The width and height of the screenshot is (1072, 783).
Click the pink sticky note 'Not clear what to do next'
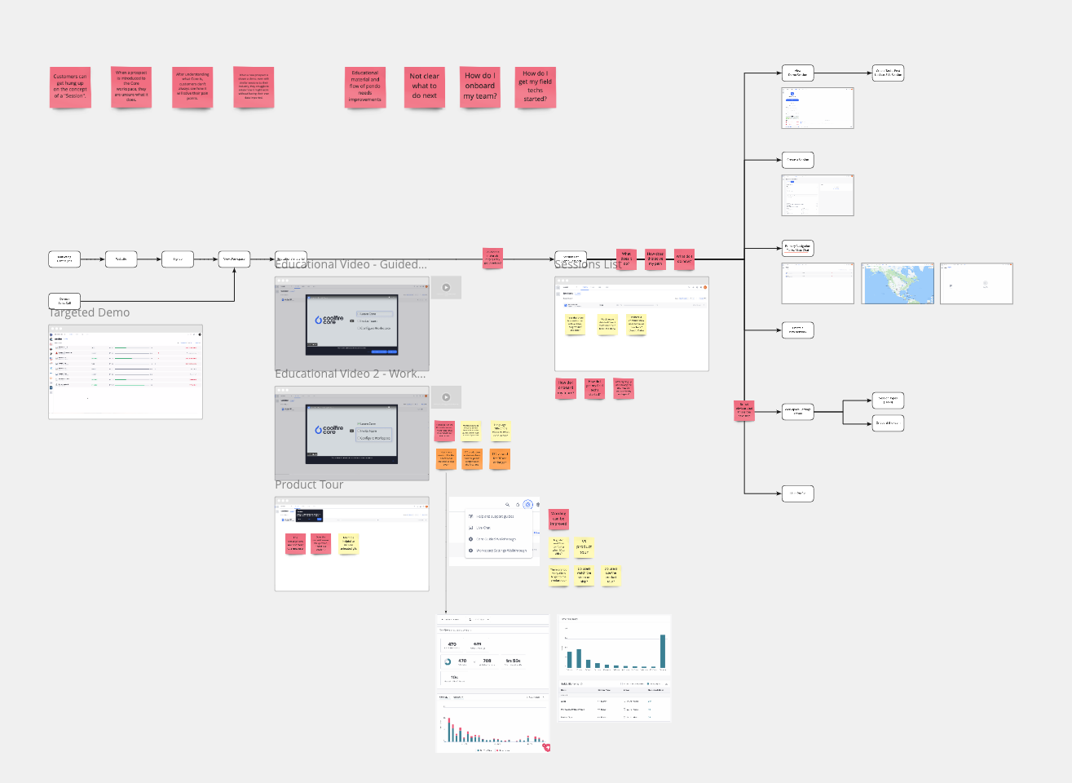coord(424,86)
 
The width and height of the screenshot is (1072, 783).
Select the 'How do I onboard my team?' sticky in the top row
coord(480,86)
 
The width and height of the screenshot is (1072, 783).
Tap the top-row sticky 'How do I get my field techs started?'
coord(536,86)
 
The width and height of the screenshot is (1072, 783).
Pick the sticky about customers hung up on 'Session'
coord(70,86)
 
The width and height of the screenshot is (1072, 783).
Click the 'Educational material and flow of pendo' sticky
coord(364,86)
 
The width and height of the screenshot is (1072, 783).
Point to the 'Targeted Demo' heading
coord(90,312)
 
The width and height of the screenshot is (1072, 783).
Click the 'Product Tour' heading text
coord(309,484)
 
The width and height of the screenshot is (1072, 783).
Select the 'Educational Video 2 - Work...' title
coord(351,374)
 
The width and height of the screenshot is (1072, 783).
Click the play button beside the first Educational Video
coord(446,287)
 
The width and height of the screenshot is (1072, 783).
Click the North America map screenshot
coord(897,283)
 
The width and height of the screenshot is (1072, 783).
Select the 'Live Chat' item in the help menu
coord(483,528)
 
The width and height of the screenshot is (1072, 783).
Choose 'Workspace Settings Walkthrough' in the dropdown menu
coord(501,551)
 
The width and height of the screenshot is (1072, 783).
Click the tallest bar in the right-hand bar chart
coord(663,651)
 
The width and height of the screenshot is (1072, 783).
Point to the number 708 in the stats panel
coord(487,661)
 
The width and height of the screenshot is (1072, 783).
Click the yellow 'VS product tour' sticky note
coord(584,546)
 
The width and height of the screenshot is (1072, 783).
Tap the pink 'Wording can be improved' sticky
coord(558,519)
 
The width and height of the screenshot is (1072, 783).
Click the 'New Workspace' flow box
coord(234,259)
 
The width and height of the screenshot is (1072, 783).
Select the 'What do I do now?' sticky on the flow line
coord(684,259)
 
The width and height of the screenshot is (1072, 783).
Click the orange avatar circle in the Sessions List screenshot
coord(705,287)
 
